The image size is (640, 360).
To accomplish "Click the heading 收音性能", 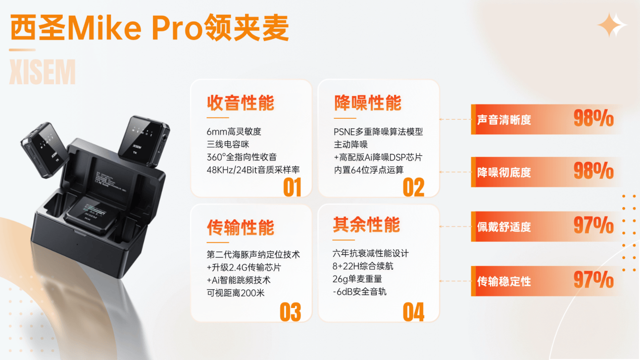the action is coord(240,103).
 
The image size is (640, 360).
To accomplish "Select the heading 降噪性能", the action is coord(368,103).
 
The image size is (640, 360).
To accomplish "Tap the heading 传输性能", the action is coord(240,228).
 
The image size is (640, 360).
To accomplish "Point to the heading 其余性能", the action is coord(366,225).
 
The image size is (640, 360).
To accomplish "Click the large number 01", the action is coord(292,187).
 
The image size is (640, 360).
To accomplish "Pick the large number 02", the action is coord(413,187).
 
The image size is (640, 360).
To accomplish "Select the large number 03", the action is coord(290,312).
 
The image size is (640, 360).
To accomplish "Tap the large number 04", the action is coord(413,312).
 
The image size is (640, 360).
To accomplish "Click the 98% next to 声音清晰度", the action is coord(594,118).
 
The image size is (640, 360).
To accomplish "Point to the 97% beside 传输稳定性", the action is coord(594,280).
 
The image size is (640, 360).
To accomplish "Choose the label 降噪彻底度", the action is coord(504,173).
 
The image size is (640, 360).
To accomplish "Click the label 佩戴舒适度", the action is coord(504,227).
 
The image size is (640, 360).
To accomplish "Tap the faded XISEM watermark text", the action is coord(42,72).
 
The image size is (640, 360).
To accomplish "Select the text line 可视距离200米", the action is coord(235,293).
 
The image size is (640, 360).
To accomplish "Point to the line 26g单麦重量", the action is coord(357,279).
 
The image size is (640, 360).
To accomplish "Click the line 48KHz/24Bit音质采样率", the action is coord(253,170).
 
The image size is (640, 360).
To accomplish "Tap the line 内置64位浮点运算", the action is coord(369,170).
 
